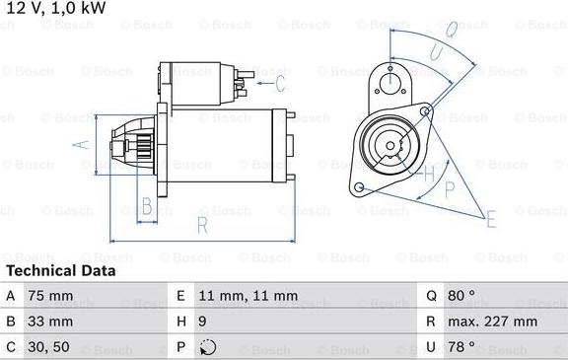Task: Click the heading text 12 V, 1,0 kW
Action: tap(55, 8)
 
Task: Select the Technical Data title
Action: tap(60, 270)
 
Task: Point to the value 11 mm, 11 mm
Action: tap(248, 296)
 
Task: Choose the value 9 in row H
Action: tap(203, 322)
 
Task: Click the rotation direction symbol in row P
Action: tap(206, 347)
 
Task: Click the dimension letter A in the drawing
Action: tap(81, 145)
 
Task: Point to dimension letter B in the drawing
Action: tap(147, 207)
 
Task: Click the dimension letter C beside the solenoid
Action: tap(280, 83)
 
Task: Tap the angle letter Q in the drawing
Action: tap(451, 29)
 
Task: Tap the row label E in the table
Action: tap(180, 296)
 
